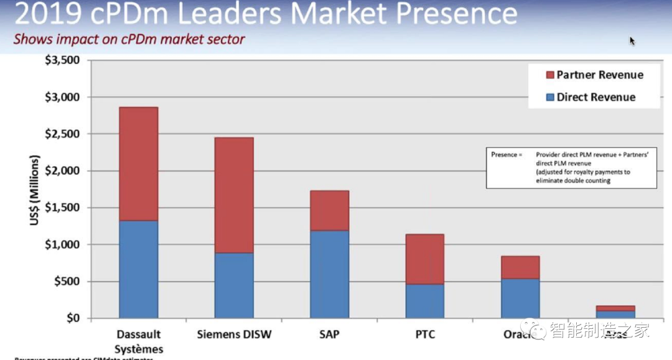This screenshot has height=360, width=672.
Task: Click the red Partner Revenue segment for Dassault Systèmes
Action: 138,164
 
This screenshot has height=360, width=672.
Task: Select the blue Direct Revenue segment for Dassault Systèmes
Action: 138,269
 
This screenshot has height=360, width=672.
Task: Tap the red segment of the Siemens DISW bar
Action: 234,195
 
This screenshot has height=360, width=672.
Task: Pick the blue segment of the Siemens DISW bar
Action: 234,285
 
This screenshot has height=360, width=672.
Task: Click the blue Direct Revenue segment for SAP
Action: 329,274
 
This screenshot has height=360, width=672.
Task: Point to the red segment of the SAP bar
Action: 329,210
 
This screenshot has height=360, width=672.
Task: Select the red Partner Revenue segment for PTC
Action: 424,259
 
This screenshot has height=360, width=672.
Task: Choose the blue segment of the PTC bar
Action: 424,301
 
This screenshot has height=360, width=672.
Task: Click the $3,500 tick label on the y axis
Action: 63,60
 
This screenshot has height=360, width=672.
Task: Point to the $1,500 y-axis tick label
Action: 63,208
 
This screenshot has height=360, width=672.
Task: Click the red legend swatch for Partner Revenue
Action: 549,75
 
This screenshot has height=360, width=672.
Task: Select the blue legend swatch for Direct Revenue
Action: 549,98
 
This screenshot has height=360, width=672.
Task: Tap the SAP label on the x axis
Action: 329,335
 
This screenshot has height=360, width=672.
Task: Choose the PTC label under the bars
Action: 424,335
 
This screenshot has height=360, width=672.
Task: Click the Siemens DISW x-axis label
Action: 234,335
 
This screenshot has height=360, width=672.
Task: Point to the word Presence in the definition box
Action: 503,154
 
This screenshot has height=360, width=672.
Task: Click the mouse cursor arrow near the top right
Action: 632,41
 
